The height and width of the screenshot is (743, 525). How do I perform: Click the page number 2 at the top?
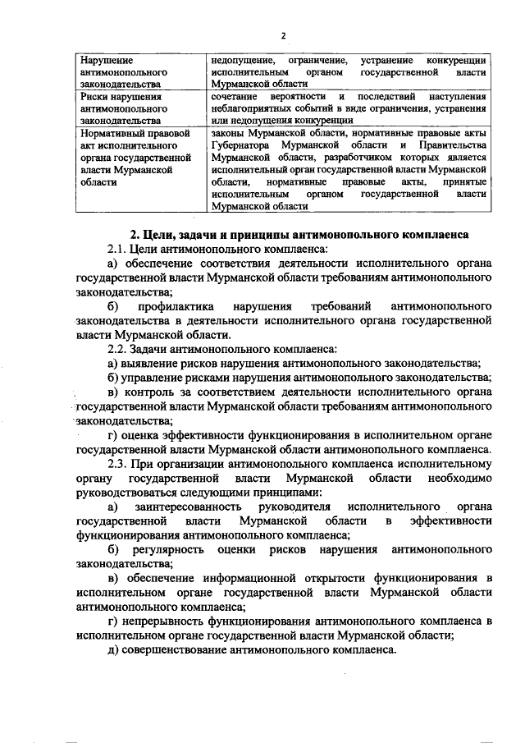[x=281, y=35]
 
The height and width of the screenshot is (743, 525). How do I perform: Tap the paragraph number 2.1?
[x=118, y=249]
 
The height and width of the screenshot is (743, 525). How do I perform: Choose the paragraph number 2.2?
[x=118, y=348]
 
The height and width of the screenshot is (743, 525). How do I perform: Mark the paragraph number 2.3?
[x=118, y=463]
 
